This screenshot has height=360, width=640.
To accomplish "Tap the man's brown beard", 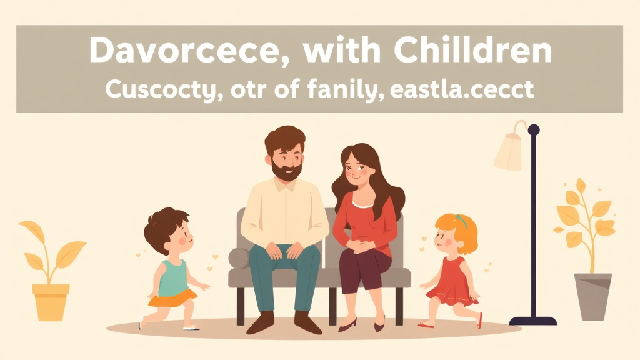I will click(287, 169).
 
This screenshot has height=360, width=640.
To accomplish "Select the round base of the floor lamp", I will click(532, 321).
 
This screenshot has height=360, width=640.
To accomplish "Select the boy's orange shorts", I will click(169, 300).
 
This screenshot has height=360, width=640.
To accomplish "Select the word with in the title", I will click(338, 51).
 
